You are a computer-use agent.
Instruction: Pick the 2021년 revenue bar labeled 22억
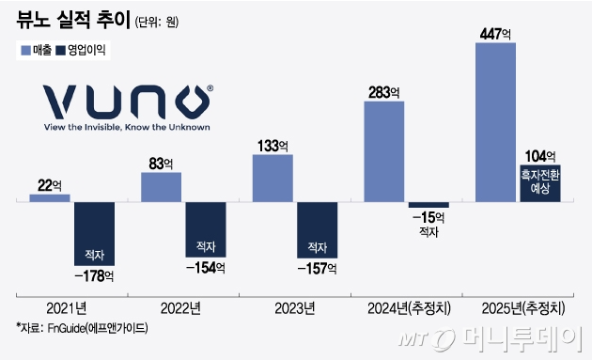coord(50,197)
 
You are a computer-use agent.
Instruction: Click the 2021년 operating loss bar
coord(94,235)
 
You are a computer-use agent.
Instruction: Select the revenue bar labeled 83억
coord(162,186)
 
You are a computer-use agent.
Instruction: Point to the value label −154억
coord(206,269)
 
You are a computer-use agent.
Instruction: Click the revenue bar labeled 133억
coord(273,177)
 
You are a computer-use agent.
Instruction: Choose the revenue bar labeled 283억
coord(383,150)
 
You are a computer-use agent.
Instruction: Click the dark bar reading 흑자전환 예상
coord(540,182)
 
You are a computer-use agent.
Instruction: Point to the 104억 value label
coord(540,156)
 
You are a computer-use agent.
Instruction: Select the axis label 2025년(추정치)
coord(519,308)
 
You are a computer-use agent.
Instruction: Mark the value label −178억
coord(94,276)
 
